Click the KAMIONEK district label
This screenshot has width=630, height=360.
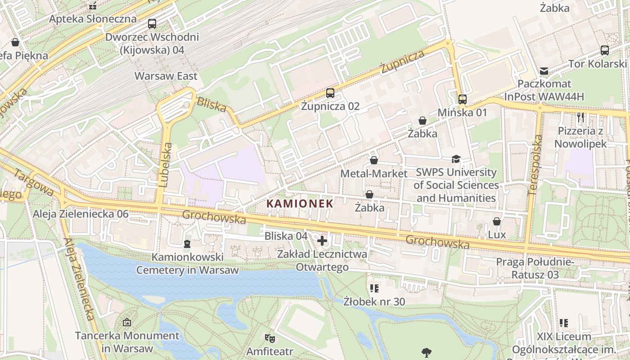coord(300,203)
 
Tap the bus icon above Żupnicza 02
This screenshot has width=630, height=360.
coord(330,93)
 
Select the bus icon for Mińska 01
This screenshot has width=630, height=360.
coord(462,99)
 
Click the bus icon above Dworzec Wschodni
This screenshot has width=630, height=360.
coord(152,24)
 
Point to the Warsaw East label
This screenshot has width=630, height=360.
coord(166,76)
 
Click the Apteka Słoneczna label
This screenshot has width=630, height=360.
coord(93,19)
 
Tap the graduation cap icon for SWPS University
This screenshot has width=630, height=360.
coord(456,159)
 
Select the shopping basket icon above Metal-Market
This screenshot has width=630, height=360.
coord(374,160)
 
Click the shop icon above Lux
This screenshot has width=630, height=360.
coord(497,221)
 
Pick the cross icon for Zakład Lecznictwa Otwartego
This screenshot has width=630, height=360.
coord(322,241)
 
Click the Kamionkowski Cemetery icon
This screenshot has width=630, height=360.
coord(187,244)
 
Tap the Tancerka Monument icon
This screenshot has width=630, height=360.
coord(127,322)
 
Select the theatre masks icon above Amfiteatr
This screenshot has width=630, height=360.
coord(270,337)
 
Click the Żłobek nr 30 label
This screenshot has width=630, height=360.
coord(374,301)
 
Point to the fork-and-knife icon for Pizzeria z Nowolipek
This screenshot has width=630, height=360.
coord(580,118)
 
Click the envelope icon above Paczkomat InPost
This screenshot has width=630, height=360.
coord(544,71)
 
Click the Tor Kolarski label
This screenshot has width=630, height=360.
coord(597,63)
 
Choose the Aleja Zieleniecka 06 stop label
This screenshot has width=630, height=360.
coord(81,214)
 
